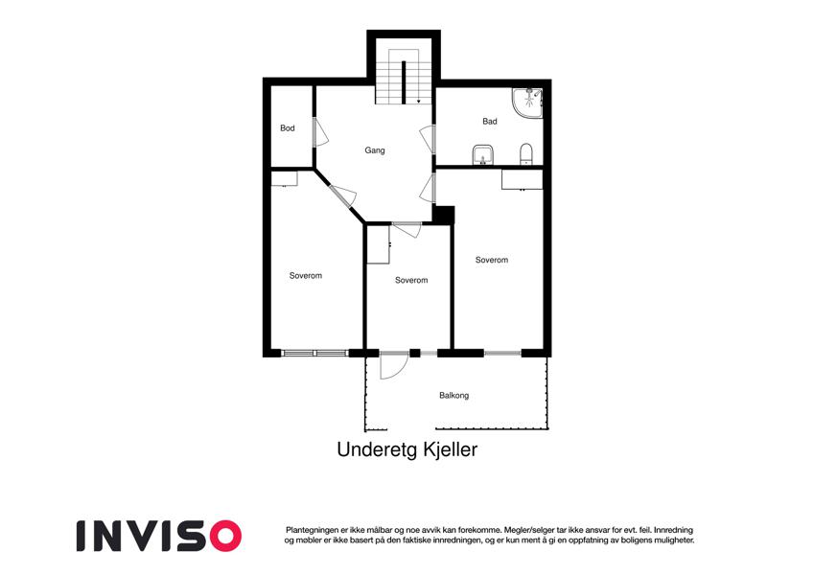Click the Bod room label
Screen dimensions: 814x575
(x=287, y=128)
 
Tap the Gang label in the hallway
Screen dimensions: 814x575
(x=374, y=150)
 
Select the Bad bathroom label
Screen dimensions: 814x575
(x=490, y=122)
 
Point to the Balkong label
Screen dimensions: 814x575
(x=454, y=396)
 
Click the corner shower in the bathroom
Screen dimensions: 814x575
(x=527, y=103)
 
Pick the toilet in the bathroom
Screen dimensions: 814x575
(x=525, y=153)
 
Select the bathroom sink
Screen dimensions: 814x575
(x=483, y=154)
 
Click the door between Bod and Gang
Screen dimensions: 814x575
(x=320, y=132)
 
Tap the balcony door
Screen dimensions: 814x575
(x=393, y=365)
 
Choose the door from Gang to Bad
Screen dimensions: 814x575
(x=428, y=139)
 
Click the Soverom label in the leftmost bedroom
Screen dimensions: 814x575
(x=305, y=276)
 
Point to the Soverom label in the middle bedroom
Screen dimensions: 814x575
(x=411, y=280)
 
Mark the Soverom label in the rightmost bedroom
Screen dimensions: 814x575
(x=492, y=260)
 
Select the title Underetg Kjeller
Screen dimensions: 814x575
(x=407, y=449)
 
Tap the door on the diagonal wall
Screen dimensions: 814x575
(x=342, y=195)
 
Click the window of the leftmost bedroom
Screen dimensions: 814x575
(x=314, y=353)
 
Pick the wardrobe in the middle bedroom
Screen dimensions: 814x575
(x=379, y=244)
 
